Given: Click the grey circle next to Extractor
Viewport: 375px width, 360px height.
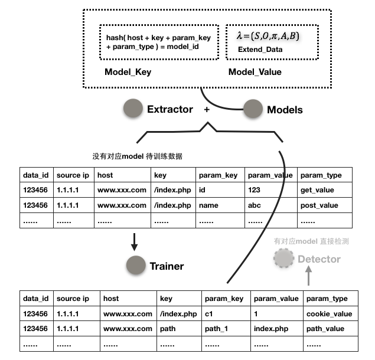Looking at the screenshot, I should coord(133,109).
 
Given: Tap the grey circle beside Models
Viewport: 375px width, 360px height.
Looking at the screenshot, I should coord(253,109).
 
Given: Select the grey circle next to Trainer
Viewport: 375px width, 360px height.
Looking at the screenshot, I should coord(136,266).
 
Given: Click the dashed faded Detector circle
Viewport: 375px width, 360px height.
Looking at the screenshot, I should coord(284,258).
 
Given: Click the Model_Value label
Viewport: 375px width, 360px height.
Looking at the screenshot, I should coord(255,72).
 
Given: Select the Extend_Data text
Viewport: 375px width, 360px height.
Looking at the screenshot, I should coord(260,50).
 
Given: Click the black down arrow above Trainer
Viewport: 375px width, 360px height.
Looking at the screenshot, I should coord(135,241).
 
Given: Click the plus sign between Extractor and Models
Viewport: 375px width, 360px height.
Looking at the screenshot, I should coord(206,109).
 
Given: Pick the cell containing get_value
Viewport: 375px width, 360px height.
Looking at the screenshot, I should coord(325,190).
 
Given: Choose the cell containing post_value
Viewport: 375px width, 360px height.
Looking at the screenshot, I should coord(325,205).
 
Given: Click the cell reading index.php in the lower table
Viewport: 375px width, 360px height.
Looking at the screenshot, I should coord(276,329).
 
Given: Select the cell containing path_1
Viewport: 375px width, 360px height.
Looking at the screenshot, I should coord(226,329).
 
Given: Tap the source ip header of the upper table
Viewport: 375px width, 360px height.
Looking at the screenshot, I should coord(73,175).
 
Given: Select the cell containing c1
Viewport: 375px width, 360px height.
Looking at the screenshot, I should coord(226,314).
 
